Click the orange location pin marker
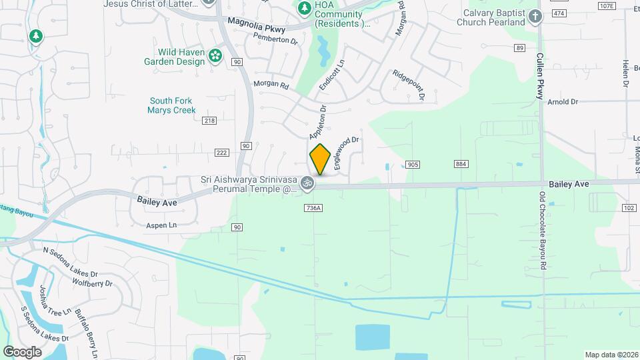321,159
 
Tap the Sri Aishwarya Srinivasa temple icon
307,182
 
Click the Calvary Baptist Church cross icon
535,17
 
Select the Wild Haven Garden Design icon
215,56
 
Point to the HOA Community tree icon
304,8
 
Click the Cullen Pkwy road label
540,77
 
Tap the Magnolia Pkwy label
256,25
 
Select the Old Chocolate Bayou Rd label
543,226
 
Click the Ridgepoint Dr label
408,85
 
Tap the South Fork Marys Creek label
172,105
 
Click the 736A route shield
313,208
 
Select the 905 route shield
413,164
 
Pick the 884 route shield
461,164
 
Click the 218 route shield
209,120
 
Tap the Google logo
22,351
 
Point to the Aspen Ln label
161,226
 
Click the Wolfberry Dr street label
93,283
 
